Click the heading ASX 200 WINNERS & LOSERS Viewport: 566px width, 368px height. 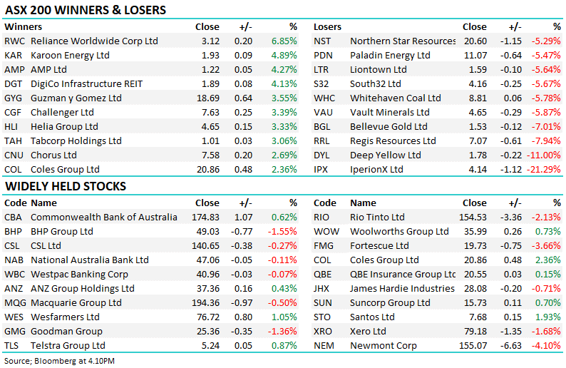(85, 10)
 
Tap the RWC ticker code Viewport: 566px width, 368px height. (15, 41)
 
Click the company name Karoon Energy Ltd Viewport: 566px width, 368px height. (70, 55)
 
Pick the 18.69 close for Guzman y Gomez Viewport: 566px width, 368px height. (208, 98)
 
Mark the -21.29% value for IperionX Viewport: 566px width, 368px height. (545, 169)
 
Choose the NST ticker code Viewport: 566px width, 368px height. (323, 41)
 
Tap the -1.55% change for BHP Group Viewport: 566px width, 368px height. (283, 231)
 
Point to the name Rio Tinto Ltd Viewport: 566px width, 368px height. (377, 217)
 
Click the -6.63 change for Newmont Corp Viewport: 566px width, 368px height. (511, 345)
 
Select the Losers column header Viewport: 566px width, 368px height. (328, 26)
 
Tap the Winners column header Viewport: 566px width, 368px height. (23, 26)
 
